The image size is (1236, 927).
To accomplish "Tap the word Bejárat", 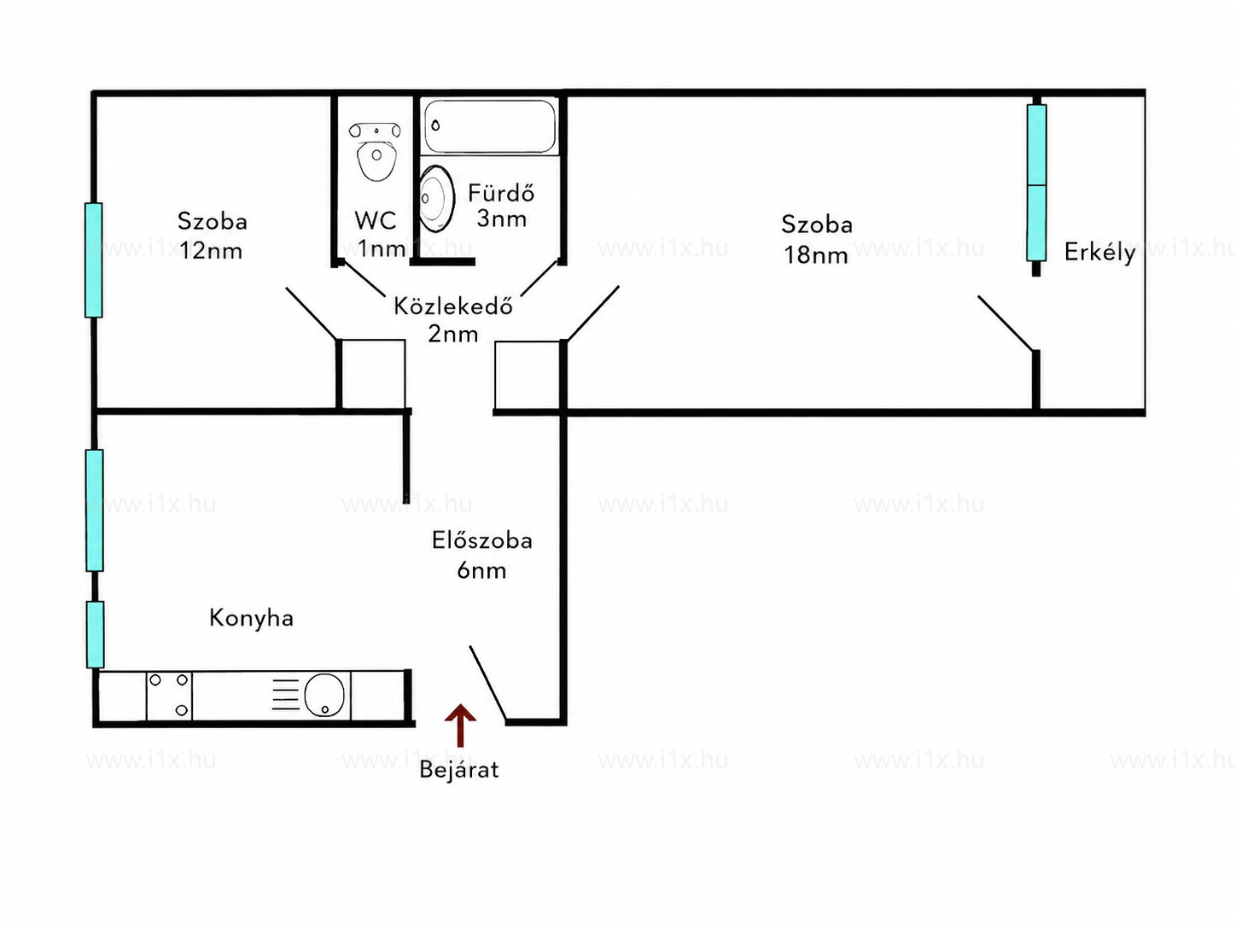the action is coord(459,769).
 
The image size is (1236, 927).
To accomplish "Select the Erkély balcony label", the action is coord(1099,253).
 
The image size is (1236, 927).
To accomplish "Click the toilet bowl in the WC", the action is coord(376,152).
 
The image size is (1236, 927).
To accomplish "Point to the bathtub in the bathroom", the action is coord(489,126).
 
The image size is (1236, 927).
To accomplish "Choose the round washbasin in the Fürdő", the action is coord(437,198).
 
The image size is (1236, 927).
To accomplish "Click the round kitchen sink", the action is coord(324,695).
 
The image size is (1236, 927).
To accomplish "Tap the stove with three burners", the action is coord(169,696).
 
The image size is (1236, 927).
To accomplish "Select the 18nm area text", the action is coord(816,255).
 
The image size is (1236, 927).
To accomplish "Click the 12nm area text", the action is coord(211,251).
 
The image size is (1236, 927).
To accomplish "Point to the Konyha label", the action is coord(251,619).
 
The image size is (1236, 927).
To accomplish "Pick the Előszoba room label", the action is coord(482,540).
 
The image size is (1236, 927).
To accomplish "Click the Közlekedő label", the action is coord(453,306).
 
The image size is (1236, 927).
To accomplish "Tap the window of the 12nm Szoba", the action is coord(94,260).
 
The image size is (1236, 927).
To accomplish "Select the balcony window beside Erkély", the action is coord(1036,184).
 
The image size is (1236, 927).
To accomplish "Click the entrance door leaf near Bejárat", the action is coord(487,683).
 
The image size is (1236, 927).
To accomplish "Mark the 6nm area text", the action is coord(481,571).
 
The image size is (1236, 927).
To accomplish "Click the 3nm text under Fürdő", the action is coord(502,219).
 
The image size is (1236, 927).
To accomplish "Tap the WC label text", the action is coord(376,220).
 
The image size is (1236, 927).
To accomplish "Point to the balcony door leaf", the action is coord(1006,324).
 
